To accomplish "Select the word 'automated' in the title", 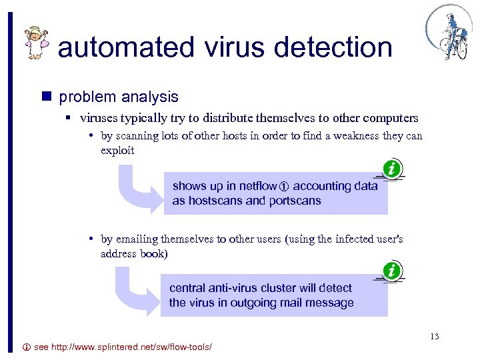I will coord(125,47).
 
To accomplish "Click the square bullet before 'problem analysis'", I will coord(47,97).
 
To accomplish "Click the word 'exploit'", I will coord(117,150).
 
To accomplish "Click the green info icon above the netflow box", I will coord(392,169).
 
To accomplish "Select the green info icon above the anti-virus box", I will coord(392,271).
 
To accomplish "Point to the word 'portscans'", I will coord(294,201).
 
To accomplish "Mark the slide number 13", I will coord(435,336).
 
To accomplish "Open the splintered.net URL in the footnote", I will coord(123,348).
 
